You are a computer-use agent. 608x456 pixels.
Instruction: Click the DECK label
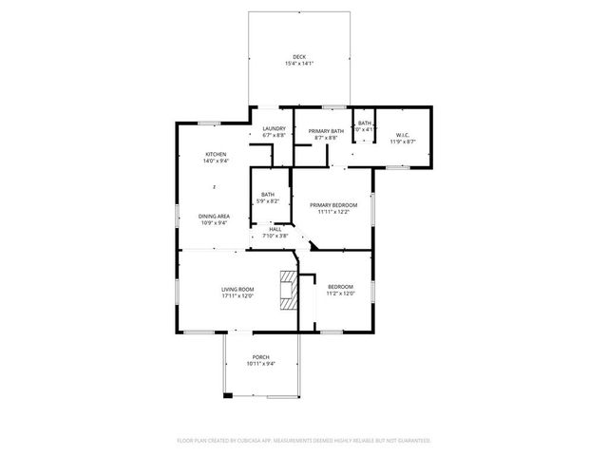pos(299,56)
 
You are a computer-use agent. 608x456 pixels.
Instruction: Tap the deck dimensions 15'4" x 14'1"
pos(299,64)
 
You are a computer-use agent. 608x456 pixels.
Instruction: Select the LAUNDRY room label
pos(275,129)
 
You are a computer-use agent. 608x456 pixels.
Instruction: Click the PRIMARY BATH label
pos(326,130)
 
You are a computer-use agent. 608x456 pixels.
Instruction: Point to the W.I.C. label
pos(403,135)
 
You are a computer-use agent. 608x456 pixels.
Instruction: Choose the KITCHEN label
pos(216,154)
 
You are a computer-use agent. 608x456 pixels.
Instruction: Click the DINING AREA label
pos(214,216)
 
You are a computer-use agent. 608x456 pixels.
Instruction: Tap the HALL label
pos(275,229)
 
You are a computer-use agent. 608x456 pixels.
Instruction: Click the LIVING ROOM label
pos(237,288)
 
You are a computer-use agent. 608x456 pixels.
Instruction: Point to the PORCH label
pos(261,357)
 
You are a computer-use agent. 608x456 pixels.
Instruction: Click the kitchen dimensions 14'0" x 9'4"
pos(215,161)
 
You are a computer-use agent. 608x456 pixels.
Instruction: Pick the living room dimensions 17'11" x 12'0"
pos(237,295)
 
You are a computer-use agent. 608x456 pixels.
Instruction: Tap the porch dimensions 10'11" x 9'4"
pos(261,365)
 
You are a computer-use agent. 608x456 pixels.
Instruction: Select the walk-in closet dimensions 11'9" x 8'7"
pos(403,142)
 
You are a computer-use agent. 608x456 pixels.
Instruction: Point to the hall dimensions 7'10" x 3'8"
pos(275,236)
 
